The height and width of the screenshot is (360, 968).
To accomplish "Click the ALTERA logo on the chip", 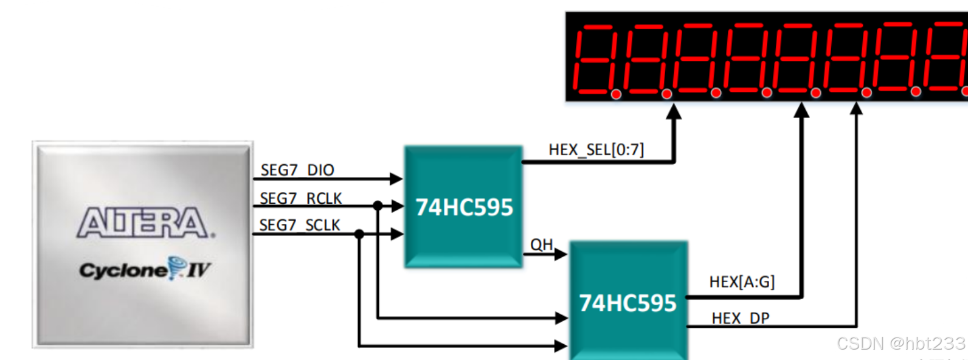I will click(x=145, y=223).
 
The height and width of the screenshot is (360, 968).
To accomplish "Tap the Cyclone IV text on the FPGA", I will click(x=145, y=269).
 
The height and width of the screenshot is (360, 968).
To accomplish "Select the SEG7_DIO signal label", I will click(x=297, y=170).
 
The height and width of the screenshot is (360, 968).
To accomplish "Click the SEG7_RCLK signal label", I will click(x=300, y=198).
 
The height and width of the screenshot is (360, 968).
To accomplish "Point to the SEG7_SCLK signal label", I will click(x=300, y=225).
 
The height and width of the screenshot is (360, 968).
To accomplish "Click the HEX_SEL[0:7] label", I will click(x=596, y=150).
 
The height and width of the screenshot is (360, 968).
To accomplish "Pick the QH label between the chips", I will click(x=541, y=244).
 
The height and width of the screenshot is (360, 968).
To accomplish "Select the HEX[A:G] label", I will click(x=742, y=282).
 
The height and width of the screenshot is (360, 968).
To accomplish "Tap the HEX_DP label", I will click(x=740, y=318).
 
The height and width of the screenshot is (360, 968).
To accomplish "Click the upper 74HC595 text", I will click(x=464, y=207).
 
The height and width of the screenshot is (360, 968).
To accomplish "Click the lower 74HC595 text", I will click(x=627, y=303).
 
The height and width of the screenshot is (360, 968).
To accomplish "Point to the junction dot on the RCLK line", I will click(x=378, y=206).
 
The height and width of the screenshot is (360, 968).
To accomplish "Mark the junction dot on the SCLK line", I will click(x=359, y=234).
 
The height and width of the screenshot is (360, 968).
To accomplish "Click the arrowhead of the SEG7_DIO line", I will click(x=396, y=179).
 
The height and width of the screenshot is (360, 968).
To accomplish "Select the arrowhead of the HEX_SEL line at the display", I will click(x=674, y=111).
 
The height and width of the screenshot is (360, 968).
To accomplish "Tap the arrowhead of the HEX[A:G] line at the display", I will click(x=802, y=109).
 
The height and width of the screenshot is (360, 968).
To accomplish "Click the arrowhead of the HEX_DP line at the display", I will click(x=856, y=108).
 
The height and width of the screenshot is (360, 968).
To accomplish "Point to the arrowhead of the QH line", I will click(x=561, y=254).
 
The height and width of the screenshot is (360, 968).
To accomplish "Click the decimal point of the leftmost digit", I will click(x=616, y=94).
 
